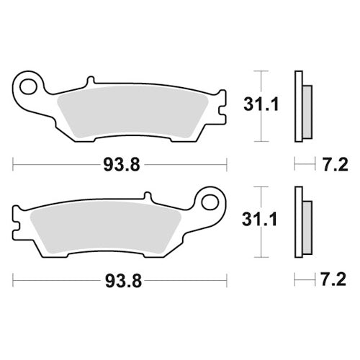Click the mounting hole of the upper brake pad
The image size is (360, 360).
pyautogui.click(x=30, y=89)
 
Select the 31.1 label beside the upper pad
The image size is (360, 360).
pyautogui.click(x=256, y=107)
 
